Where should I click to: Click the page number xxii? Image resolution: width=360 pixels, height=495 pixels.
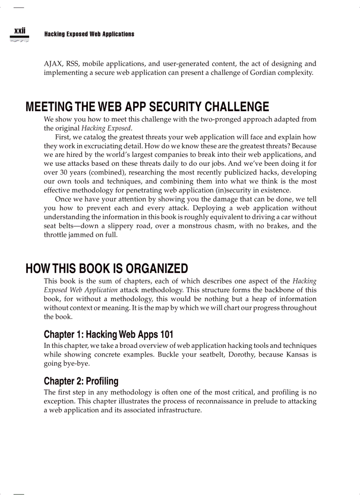coord(20,30)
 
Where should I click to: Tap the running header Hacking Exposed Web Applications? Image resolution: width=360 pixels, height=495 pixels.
coord(89,34)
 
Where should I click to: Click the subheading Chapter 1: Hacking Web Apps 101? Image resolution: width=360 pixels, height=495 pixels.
coord(109,334)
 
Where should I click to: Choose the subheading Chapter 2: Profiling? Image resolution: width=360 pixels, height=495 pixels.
coord(81,381)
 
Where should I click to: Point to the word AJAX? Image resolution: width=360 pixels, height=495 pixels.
coord(53,64)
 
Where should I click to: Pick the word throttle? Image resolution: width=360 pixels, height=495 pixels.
coord(55,234)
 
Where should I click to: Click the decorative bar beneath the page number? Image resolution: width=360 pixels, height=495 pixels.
coord(19,39)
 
